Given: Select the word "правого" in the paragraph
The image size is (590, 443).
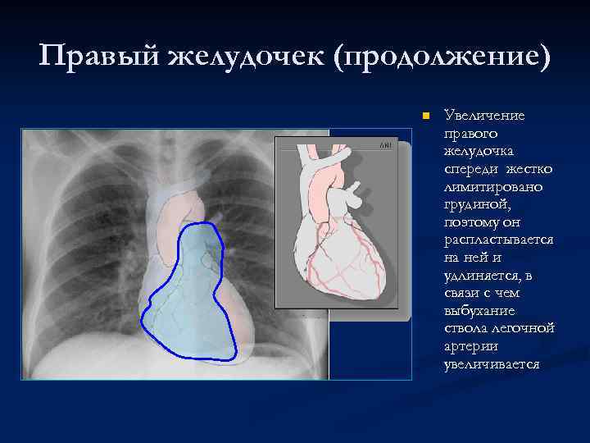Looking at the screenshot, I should click(466, 133).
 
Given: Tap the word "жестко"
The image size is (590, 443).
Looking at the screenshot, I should click(529, 168).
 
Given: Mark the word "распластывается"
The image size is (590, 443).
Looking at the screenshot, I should click(497, 240).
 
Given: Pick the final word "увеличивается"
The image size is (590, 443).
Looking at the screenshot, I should click(491, 363).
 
